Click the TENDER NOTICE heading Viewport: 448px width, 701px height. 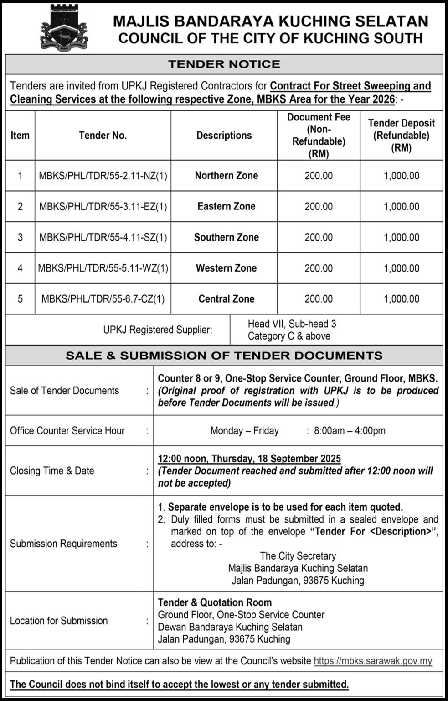(x=224, y=64)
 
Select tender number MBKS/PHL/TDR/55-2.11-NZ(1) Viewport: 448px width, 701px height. (x=103, y=176)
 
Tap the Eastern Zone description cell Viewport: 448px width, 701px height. (x=226, y=206)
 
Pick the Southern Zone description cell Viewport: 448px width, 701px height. (x=226, y=237)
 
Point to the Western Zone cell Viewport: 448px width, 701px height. (x=226, y=268)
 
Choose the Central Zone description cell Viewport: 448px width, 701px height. (x=226, y=299)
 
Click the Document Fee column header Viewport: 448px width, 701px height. (x=319, y=135)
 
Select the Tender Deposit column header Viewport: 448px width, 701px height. (x=401, y=135)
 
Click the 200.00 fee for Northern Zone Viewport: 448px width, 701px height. (x=319, y=176)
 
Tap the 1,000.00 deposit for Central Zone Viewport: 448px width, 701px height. (x=401, y=299)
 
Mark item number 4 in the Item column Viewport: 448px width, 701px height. (x=20, y=268)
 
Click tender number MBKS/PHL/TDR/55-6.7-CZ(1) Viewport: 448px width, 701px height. (x=103, y=299)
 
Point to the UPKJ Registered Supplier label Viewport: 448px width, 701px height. (x=158, y=330)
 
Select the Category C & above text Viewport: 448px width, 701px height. (x=289, y=336)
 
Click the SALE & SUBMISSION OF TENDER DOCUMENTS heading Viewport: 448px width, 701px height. (x=224, y=356)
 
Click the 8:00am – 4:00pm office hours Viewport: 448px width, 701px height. (x=350, y=430)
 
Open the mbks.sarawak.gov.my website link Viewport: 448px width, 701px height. (x=373, y=661)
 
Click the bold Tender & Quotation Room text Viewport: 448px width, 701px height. (x=215, y=602)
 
